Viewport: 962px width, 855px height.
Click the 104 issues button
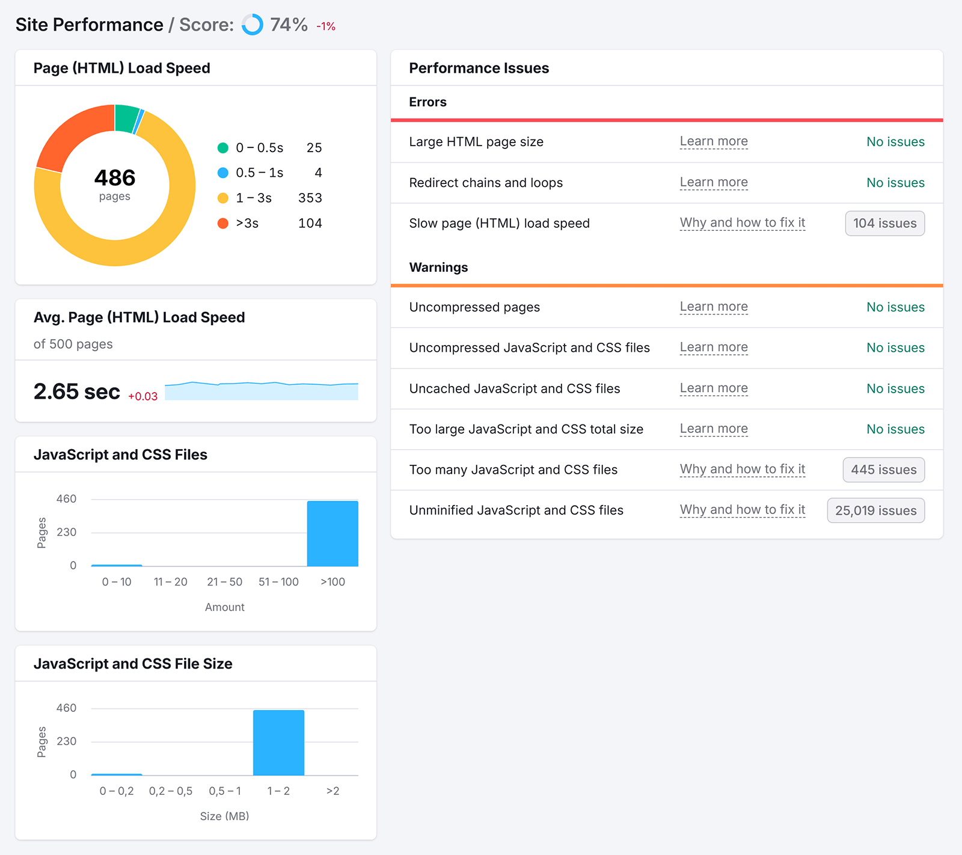click(884, 224)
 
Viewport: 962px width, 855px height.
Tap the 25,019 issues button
click(875, 510)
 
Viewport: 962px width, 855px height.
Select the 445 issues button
click(883, 470)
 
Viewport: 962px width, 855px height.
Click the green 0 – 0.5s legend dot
click(223, 148)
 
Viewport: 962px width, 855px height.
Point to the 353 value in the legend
click(310, 198)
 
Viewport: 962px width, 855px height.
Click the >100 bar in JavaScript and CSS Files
click(332, 533)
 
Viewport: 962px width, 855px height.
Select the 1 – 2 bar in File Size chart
click(278, 743)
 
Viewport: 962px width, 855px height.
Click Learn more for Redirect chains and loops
click(714, 182)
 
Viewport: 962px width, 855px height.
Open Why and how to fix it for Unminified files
click(742, 510)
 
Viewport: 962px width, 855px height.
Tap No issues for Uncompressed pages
click(895, 307)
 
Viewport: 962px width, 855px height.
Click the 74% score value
click(289, 25)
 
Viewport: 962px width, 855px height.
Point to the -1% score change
click(326, 26)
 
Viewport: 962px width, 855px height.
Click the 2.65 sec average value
click(77, 391)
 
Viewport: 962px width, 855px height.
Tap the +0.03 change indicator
click(142, 396)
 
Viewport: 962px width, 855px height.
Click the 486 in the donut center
click(115, 178)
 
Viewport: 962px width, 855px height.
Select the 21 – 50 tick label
click(224, 582)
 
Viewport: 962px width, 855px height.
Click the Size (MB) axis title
click(224, 816)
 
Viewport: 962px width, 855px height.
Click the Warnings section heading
click(438, 268)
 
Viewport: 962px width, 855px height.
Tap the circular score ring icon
click(253, 25)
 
